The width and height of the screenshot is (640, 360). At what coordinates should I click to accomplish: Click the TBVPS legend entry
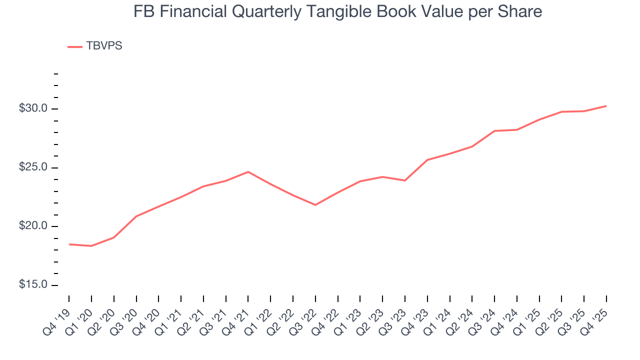click(x=95, y=46)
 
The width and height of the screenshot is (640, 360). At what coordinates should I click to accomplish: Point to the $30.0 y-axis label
click(x=33, y=109)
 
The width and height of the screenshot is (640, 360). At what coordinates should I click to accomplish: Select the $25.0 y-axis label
click(x=33, y=167)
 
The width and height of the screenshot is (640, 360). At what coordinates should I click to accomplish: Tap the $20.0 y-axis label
click(x=33, y=226)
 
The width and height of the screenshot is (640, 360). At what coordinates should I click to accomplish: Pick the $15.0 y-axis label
click(x=33, y=285)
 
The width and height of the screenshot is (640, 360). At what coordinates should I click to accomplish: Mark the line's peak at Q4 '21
click(x=248, y=171)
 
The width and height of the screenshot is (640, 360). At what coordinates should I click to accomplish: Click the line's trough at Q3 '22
click(x=315, y=205)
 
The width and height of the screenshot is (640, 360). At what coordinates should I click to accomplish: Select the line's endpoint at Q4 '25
click(x=606, y=106)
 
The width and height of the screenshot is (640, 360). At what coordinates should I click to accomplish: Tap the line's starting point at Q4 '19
click(x=69, y=244)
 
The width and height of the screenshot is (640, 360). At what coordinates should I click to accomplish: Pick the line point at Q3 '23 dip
click(x=404, y=180)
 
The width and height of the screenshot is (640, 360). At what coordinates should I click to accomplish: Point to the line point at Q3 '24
click(x=494, y=131)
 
